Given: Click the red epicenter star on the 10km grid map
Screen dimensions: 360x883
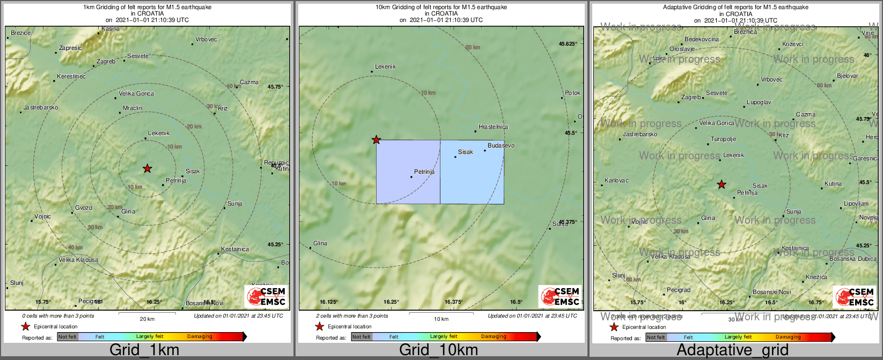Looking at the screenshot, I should [377, 140].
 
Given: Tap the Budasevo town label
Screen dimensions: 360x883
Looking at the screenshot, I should [501, 146].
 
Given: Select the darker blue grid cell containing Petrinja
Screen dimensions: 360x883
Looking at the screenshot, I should [408, 172].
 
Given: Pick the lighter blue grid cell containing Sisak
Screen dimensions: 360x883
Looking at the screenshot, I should [472, 172].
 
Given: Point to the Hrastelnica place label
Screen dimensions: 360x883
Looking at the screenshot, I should [493, 127].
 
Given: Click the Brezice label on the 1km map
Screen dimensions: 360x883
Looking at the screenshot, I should [21, 33].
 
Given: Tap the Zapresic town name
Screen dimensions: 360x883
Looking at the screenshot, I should [70, 48].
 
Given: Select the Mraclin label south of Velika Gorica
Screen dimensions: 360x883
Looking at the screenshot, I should [133, 108].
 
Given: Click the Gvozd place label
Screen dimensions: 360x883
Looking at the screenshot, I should [84, 208].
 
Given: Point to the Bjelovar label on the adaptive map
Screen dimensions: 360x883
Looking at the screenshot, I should [848, 76].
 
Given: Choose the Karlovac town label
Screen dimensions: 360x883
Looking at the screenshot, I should [616, 181].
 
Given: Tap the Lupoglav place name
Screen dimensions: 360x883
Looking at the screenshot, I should [759, 102].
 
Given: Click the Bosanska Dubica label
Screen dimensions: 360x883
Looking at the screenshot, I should [853, 259].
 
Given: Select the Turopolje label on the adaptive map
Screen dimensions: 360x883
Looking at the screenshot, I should [724, 139].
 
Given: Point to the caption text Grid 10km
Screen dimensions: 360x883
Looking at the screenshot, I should [438, 350].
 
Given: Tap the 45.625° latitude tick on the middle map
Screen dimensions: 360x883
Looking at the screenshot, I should [568, 44].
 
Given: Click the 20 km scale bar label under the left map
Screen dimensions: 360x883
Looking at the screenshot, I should [147, 319].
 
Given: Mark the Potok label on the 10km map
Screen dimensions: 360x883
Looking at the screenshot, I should [572, 93].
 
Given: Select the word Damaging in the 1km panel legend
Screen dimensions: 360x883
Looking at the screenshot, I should [200, 337].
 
